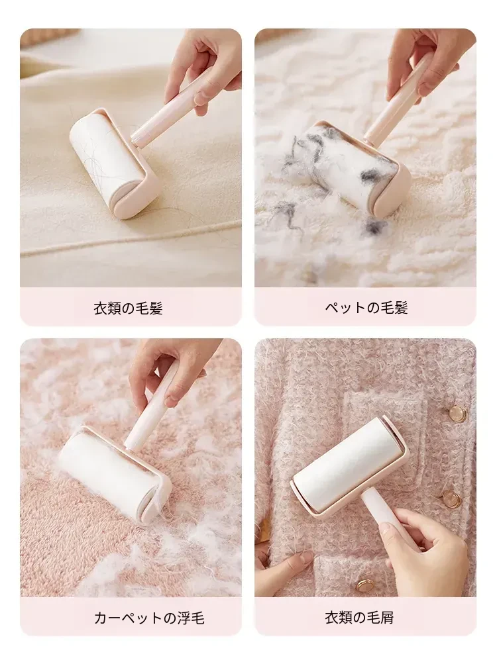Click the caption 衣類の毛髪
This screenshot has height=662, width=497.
128,308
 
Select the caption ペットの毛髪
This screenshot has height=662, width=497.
366,307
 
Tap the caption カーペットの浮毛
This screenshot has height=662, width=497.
149,618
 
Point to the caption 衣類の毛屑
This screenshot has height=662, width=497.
359,617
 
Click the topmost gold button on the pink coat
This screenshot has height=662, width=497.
457,412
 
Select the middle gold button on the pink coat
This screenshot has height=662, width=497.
450,498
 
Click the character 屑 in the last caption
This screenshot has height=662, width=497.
386,617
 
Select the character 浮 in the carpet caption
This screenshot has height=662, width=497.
183,618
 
